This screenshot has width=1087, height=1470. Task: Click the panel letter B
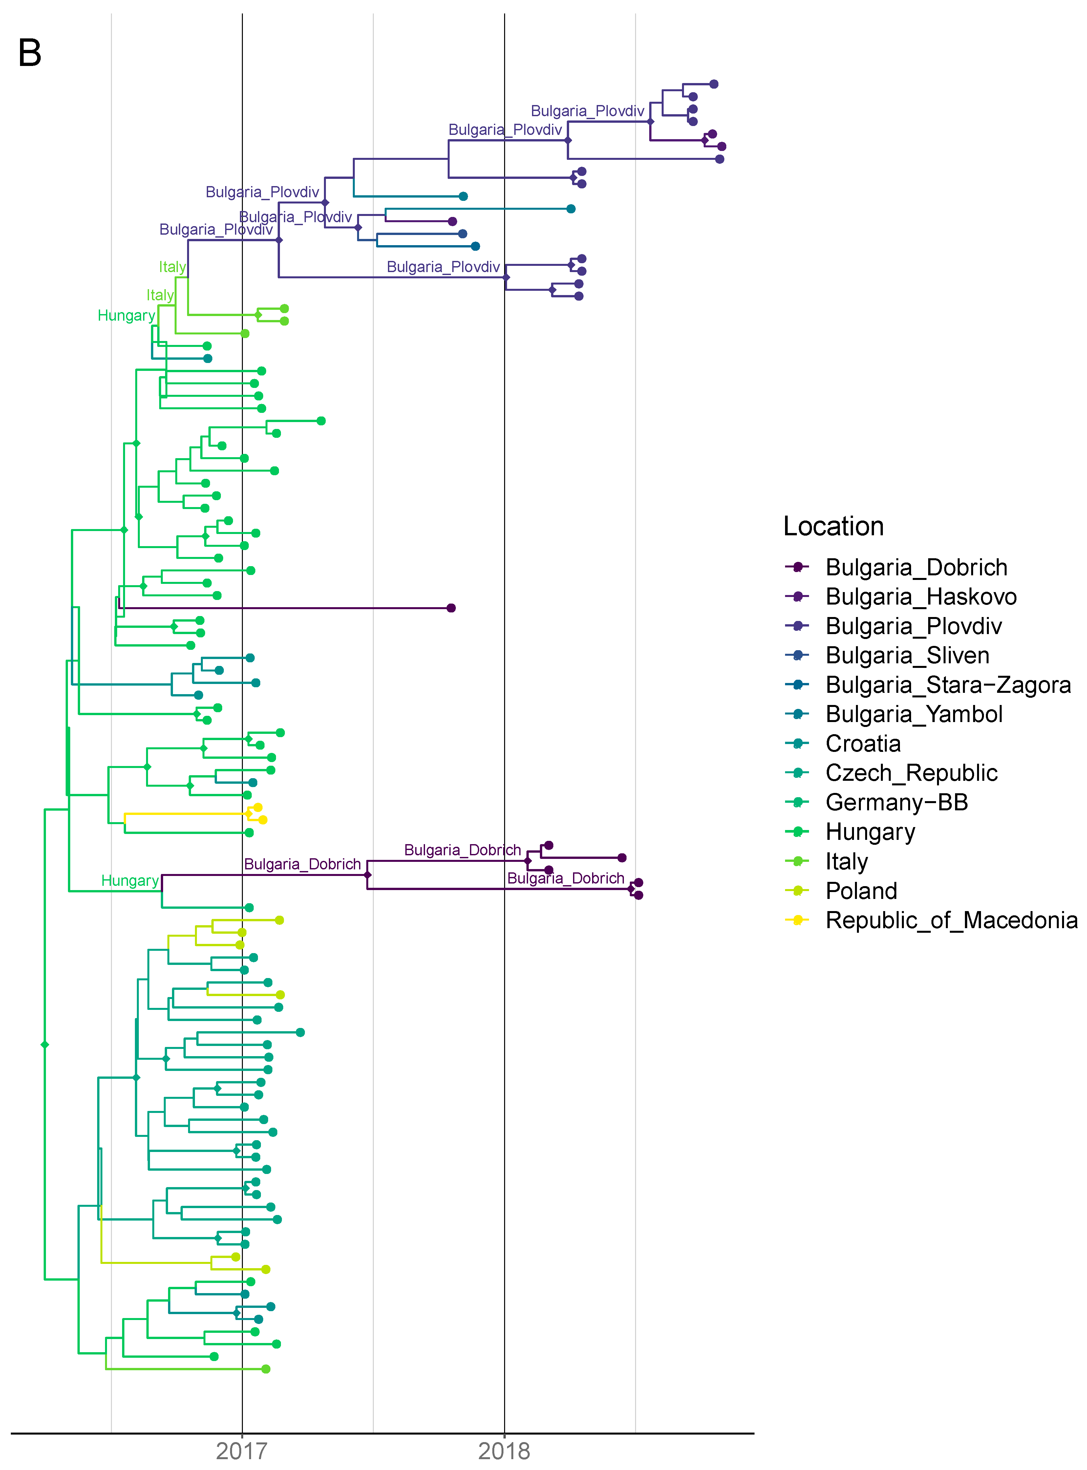[30, 53]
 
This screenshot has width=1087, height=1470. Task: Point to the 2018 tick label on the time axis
[504, 1450]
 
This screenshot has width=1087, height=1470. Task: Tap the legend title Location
[833, 526]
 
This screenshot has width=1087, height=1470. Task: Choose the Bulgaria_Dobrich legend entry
[916, 567]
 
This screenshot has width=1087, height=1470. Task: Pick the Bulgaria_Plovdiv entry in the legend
[913, 626]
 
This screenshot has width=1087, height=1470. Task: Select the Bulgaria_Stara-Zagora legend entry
[948, 685]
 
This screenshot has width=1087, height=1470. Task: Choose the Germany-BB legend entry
[896, 802]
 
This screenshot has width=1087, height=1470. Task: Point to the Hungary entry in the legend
[870, 832]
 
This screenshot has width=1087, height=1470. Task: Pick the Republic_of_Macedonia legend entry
[951, 920]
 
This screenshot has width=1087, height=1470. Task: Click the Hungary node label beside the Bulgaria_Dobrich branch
[130, 881]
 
